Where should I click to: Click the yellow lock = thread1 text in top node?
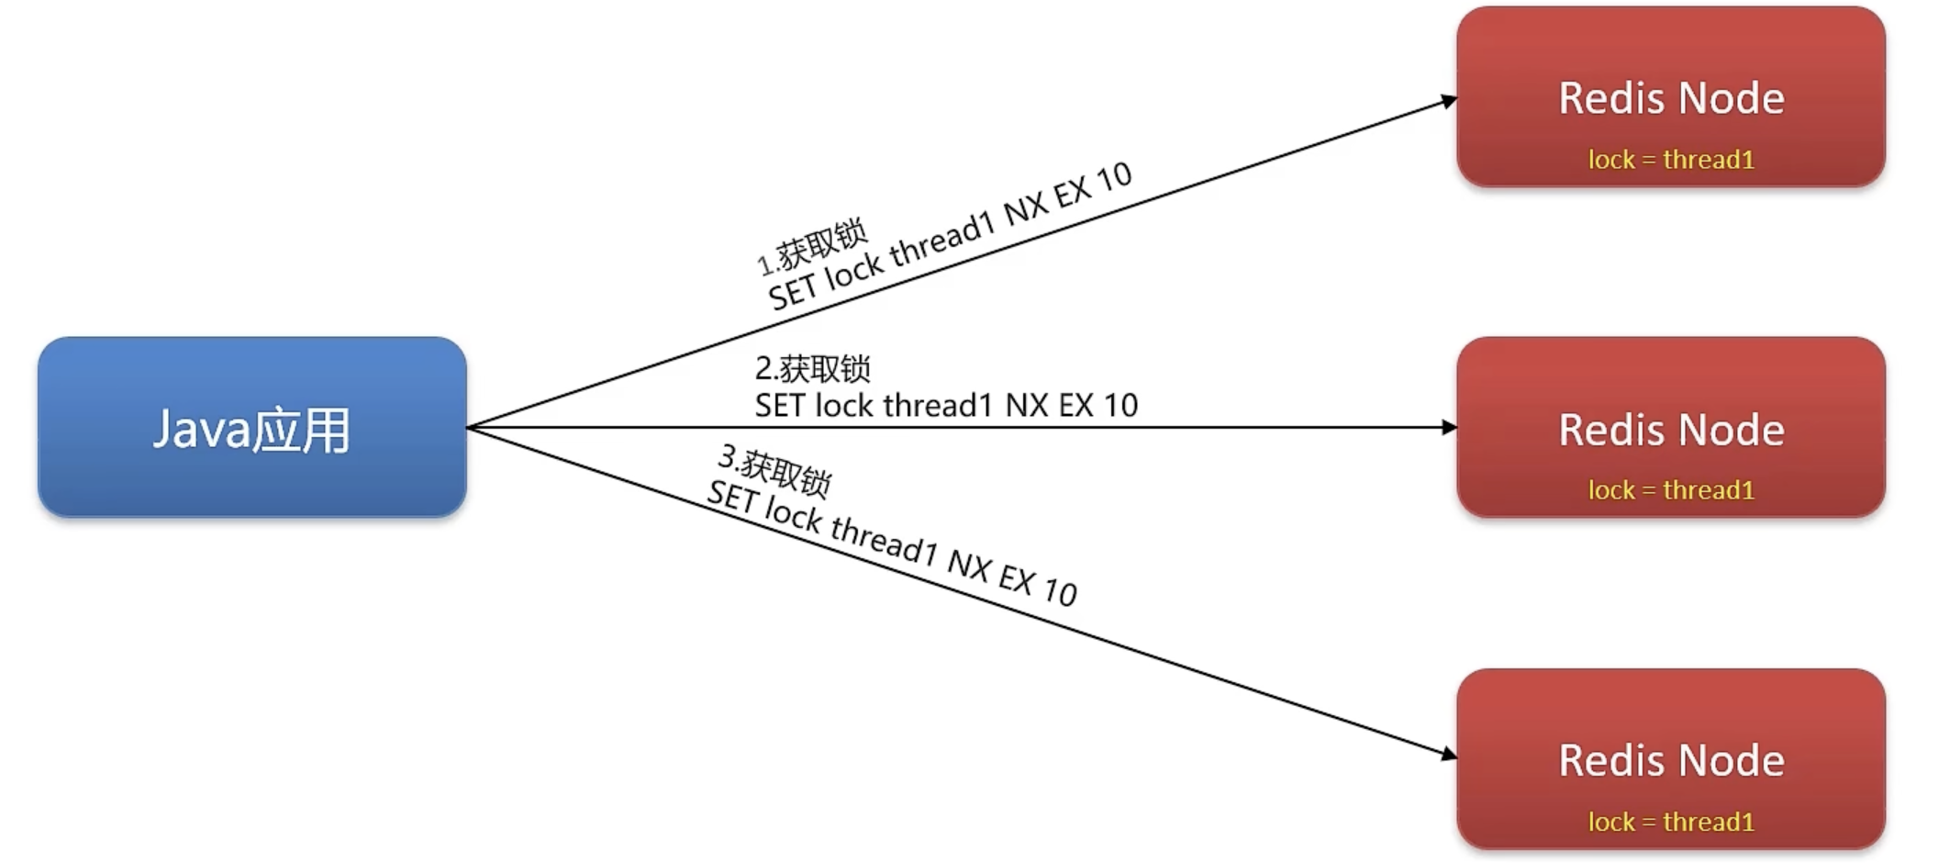pyautogui.click(x=1670, y=160)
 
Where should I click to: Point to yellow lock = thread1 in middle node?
pyautogui.click(x=1670, y=490)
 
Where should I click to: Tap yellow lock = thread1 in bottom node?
pyautogui.click(x=1670, y=822)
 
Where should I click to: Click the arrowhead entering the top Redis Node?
pyautogui.click(x=1449, y=100)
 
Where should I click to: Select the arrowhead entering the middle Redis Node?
pyautogui.click(x=1449, y=427)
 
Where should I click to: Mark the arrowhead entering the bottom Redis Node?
pyautogui.click(x=1449, y=755)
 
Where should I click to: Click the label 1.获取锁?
pyautogui.click(x=812, y=246)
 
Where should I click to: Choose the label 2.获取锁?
pyautogui.click(x=812, y=368)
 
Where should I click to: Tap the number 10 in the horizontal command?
pyautogui.click(x=1120, y=405)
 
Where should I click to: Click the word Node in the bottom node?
pyautogui.click(x=1732, y=760)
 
